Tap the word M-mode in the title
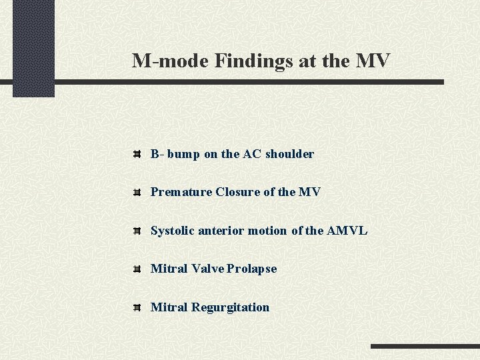170,61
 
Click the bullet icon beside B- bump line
136,154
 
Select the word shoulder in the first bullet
289,154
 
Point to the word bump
183,154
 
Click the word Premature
181,192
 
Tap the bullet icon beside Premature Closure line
136,192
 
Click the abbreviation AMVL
347,231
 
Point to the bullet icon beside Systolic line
136,231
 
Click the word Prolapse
251,269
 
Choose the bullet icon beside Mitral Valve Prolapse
136,269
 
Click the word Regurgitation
230,307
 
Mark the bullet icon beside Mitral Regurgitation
136,307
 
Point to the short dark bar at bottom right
424,347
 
